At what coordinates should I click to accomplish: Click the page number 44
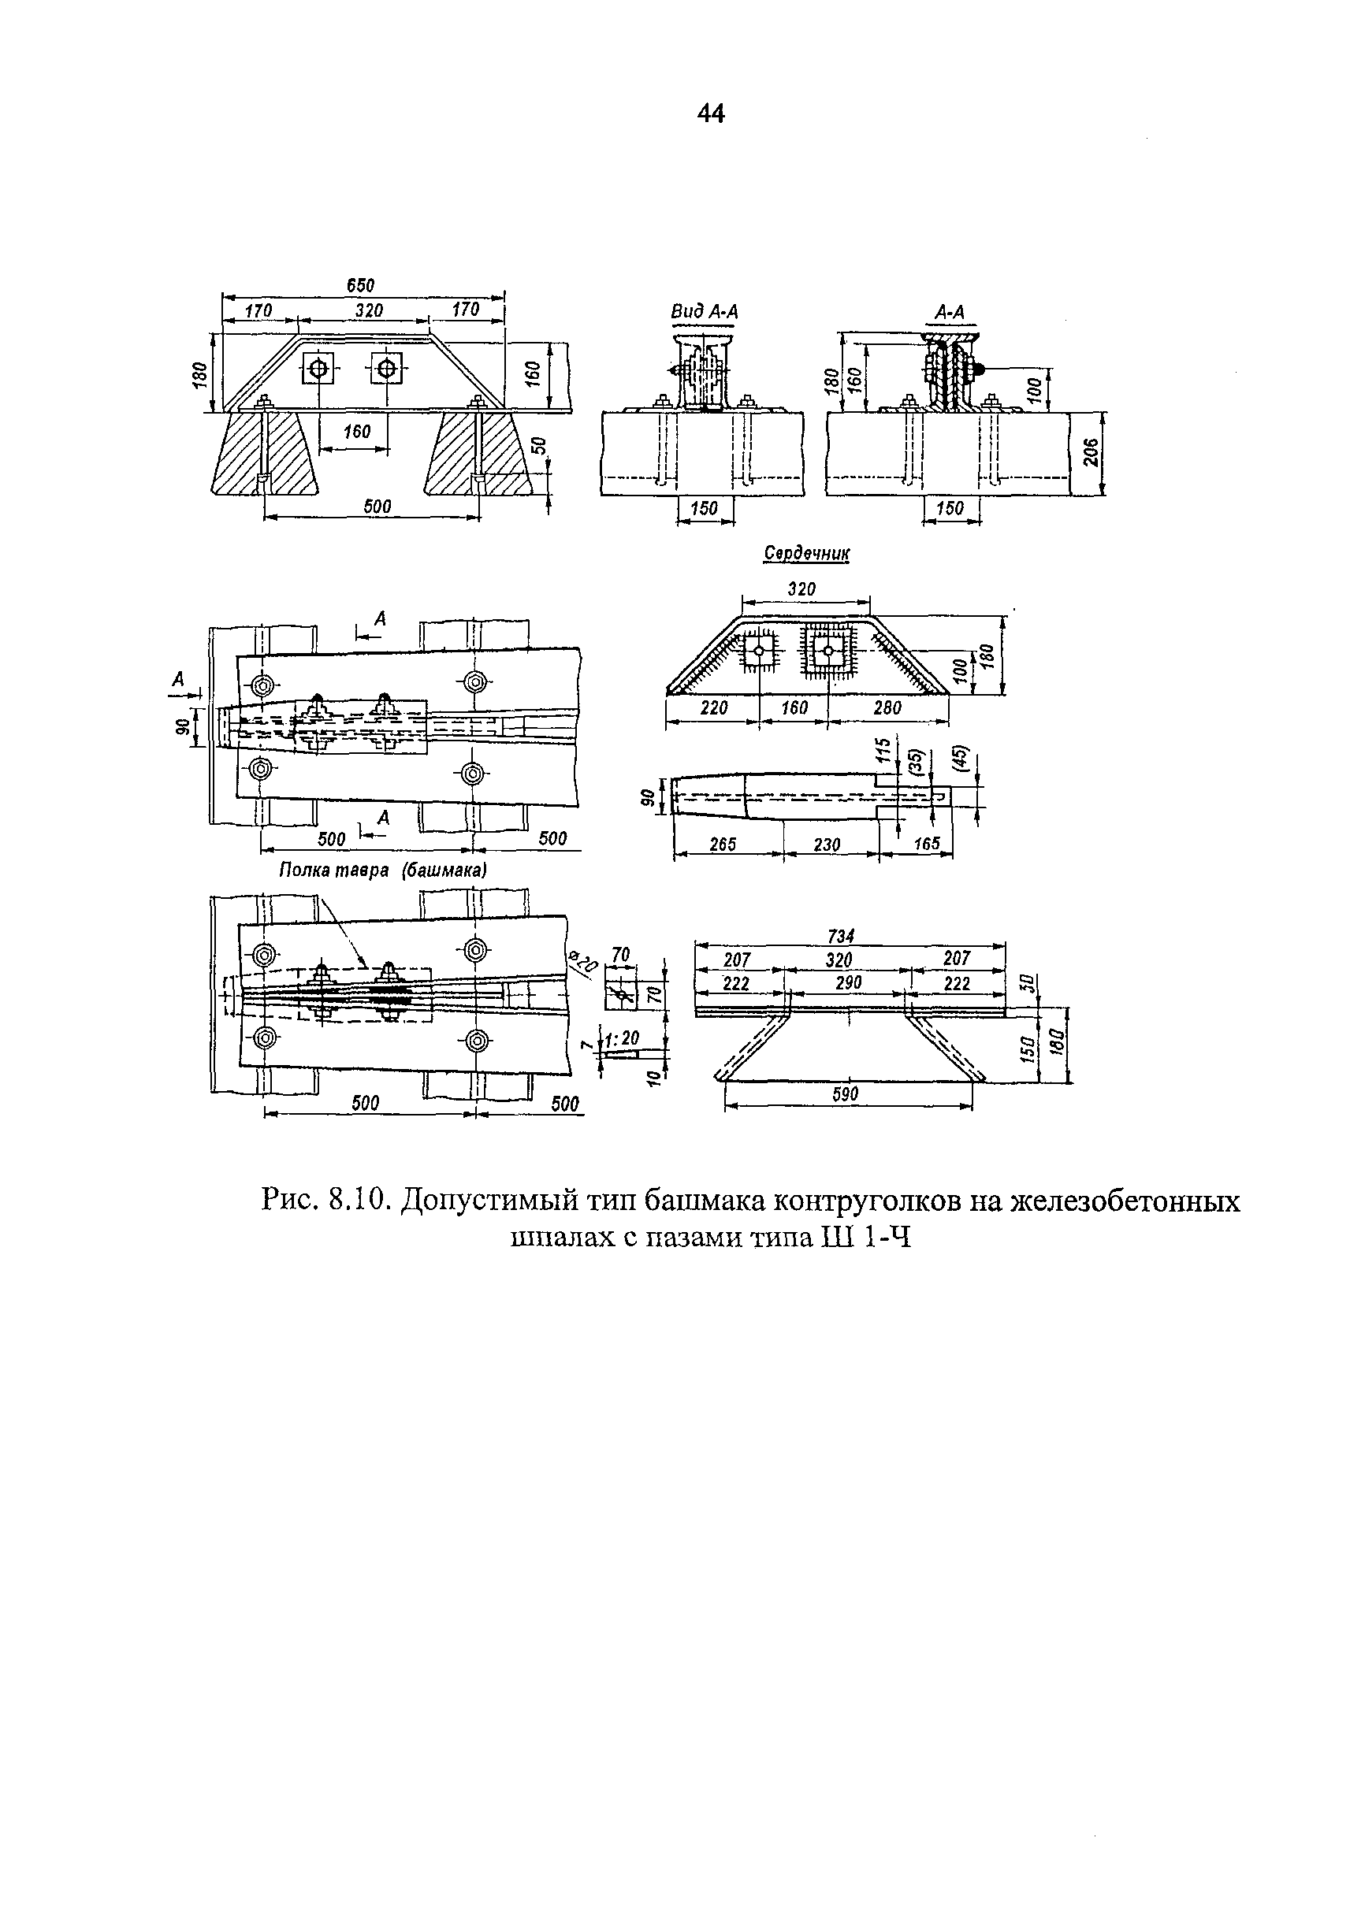click(x=712, y=113)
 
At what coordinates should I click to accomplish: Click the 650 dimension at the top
click(x=360, y=285)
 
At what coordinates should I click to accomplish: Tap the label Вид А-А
click(x=704, y=312)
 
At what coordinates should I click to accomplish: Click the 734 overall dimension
click(x=841, y=936)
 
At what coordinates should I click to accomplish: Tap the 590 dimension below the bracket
click(x=845, y=1094)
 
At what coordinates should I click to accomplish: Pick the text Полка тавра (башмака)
click(x=382, y=869)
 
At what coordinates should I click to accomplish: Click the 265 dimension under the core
click(x=723, y=844)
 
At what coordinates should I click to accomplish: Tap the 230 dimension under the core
click(x=827, y=844)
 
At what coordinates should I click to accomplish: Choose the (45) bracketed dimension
click(x=961, y=757)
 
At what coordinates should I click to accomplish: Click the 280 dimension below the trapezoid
click(x=887, y=707)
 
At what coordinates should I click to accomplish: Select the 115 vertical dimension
click(x=883, y=750)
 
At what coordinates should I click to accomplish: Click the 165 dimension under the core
click(x=926, y=844)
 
